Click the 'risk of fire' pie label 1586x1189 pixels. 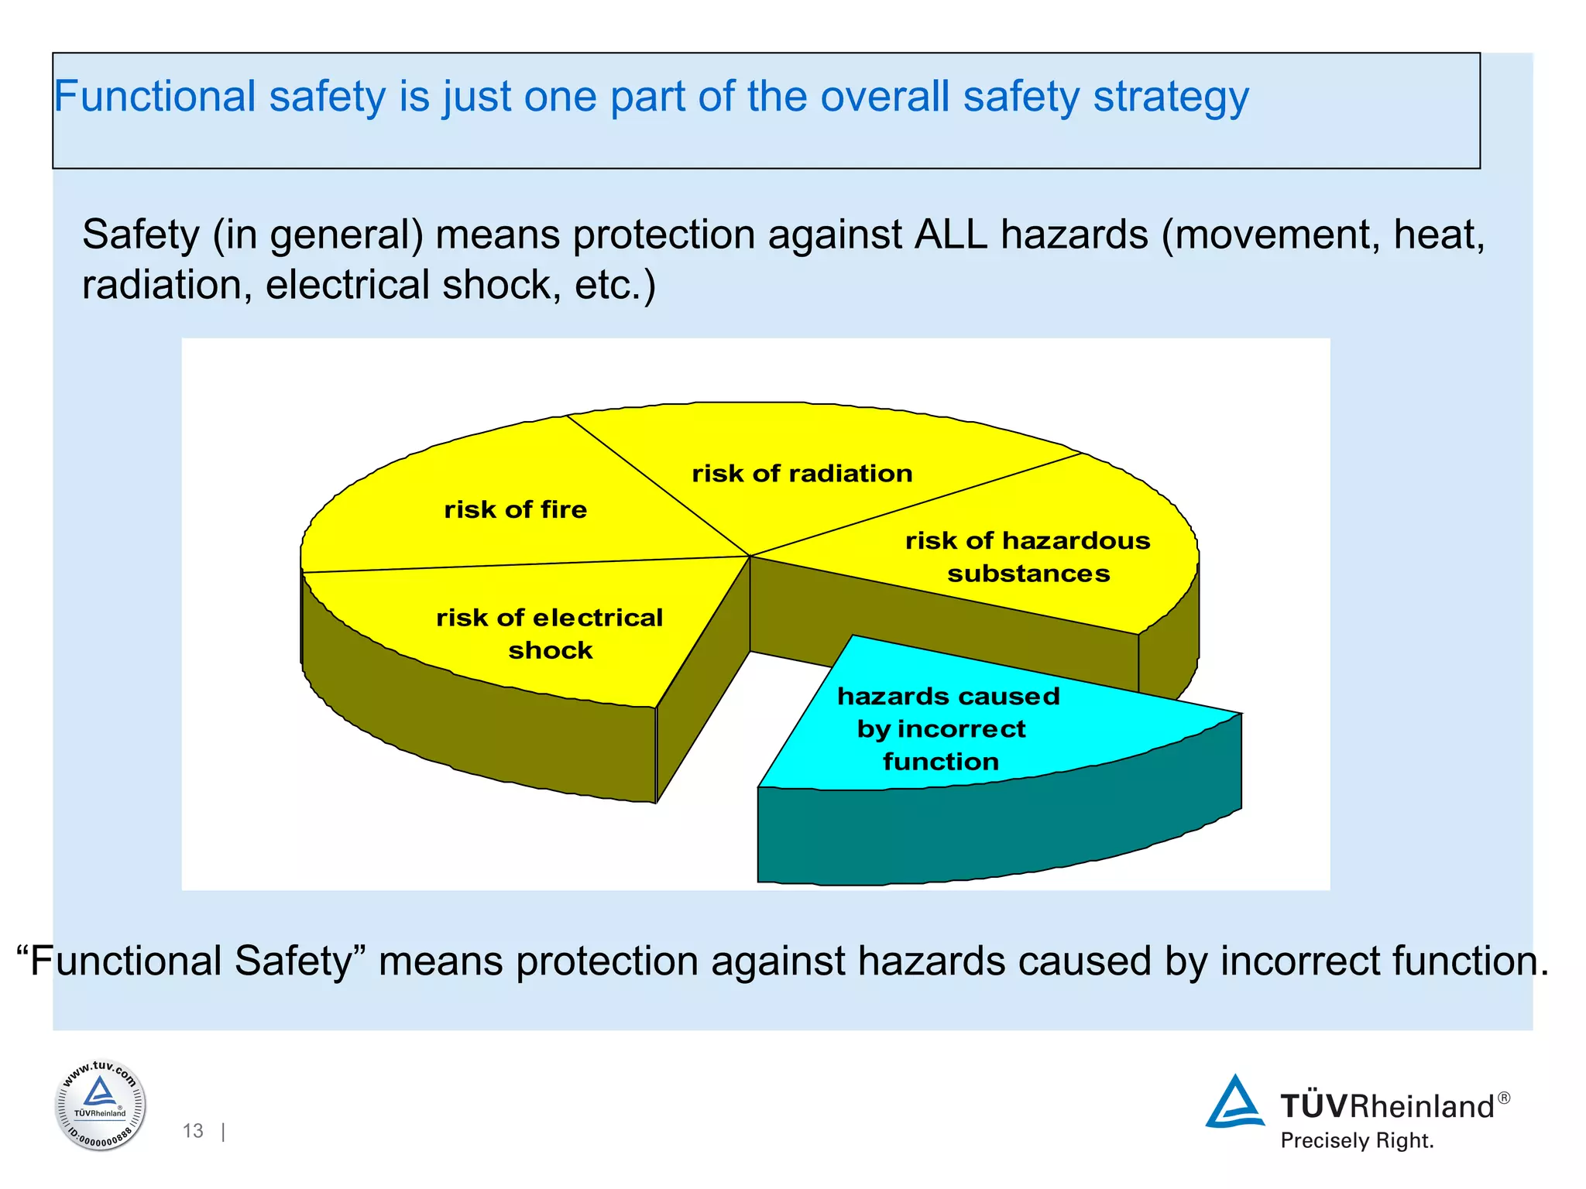(515, 509)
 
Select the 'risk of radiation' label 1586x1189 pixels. (802, 473)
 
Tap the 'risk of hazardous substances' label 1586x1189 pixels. (1028, 557)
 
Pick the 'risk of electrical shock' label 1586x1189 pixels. (550, 633)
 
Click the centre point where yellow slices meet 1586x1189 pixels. (750, 556)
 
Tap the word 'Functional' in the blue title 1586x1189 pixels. (154, 97)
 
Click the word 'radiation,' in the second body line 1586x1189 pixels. (167, 284)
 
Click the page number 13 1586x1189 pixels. (193, 1131)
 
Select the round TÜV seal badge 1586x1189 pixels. (101, 1105)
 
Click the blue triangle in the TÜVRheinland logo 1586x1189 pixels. (1234, 1102)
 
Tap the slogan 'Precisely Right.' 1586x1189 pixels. (1357, 1140)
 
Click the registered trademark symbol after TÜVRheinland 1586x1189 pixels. (1503, 1098)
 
